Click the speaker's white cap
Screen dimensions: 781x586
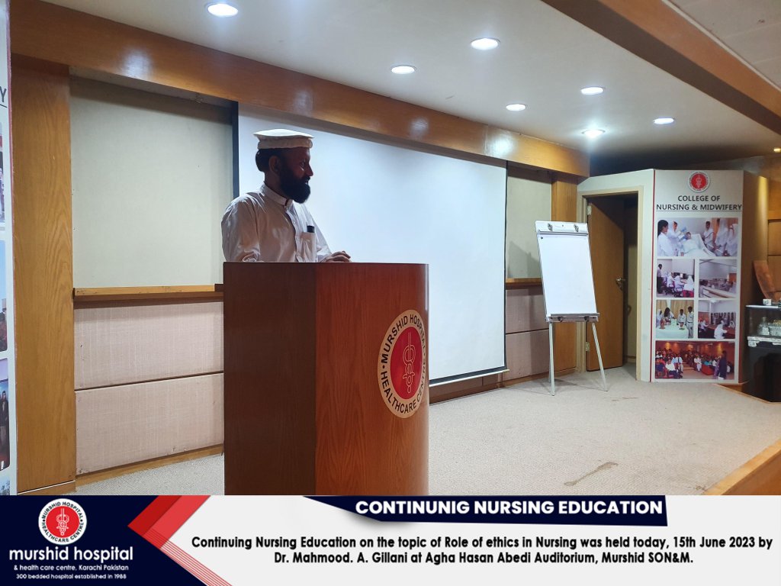pos(283,139)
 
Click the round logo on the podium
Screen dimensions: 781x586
pos(403,364)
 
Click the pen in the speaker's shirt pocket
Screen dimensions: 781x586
pos(310,230)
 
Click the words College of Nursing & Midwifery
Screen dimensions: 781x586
pos(699,203)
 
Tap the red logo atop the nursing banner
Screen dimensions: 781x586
pos(699,182)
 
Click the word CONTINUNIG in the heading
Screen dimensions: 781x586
pos(412,507)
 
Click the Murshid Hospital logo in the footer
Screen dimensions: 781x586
pos(63,521)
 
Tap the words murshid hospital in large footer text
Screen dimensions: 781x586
pos(71,554)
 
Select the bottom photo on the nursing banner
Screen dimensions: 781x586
pos(695,361)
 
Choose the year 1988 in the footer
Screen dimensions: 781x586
pos(118,577)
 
